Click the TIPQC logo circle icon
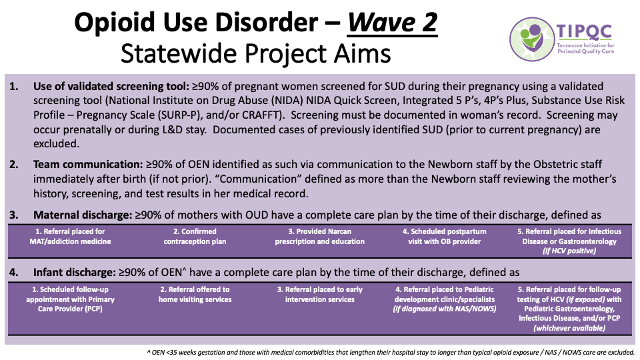coord(532,37)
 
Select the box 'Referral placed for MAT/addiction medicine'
coord(69,237)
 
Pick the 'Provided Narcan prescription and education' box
coord(320,237)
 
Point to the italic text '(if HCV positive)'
coord(570,251)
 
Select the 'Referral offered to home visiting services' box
coord(194,295)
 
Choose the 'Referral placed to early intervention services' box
coord(320,295)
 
